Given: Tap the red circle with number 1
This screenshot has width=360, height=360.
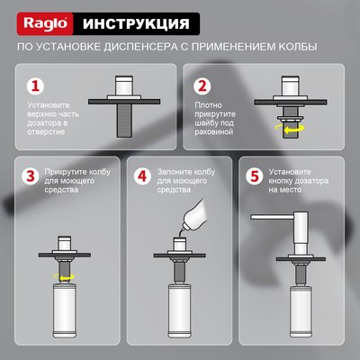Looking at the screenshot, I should [33, 87].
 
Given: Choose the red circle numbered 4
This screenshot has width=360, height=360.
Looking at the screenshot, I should [141, 176].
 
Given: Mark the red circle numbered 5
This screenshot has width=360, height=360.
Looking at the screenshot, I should [255, 176].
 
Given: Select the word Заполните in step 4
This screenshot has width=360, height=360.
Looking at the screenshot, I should [177, 171].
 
